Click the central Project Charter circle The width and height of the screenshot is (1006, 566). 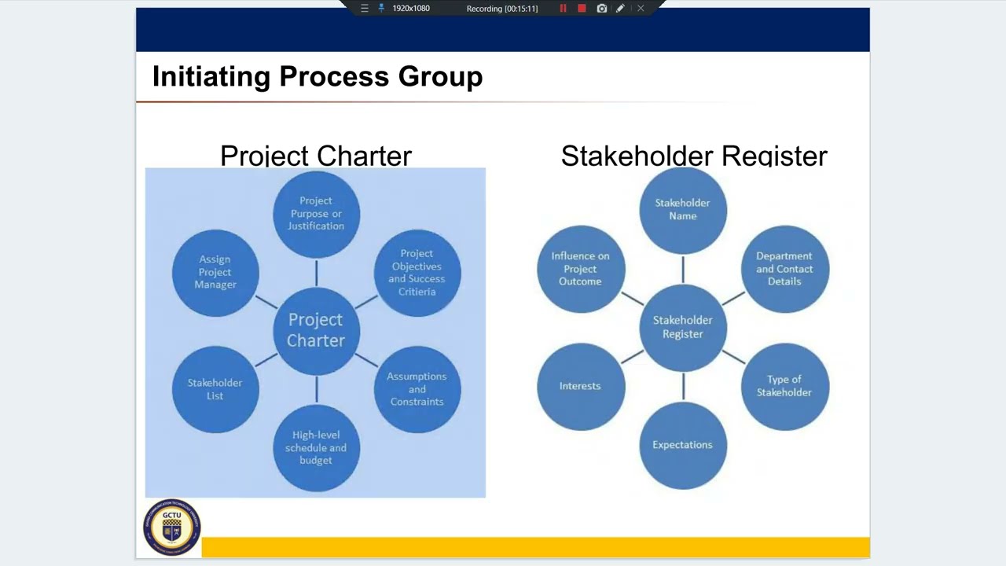click(316, 330)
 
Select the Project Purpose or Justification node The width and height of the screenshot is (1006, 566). click(316, 214)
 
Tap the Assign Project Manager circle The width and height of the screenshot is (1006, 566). click(215, 272)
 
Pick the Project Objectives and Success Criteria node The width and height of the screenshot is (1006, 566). click(417, 272)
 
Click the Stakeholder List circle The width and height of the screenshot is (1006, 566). click(215, 388)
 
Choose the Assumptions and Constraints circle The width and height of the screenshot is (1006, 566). click(417, 388)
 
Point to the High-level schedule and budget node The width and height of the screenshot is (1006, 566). click(316, 447)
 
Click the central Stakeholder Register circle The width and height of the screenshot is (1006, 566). click(682, 327)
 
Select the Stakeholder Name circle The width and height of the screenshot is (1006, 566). click(682, 210)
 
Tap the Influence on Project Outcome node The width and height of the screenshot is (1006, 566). click(581, 269)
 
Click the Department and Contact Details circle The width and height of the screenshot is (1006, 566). click(784, 269)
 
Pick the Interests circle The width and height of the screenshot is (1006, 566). click(581, 386)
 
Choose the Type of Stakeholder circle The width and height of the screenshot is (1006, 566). click(784, 386)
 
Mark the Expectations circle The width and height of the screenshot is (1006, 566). click(682, 445)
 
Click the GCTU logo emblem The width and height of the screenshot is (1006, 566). click(172, 527)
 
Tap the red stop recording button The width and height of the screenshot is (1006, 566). click(582, 9)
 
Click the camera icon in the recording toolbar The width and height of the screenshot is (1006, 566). click(601, 9)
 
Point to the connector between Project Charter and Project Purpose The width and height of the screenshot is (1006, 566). click(316, 273)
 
